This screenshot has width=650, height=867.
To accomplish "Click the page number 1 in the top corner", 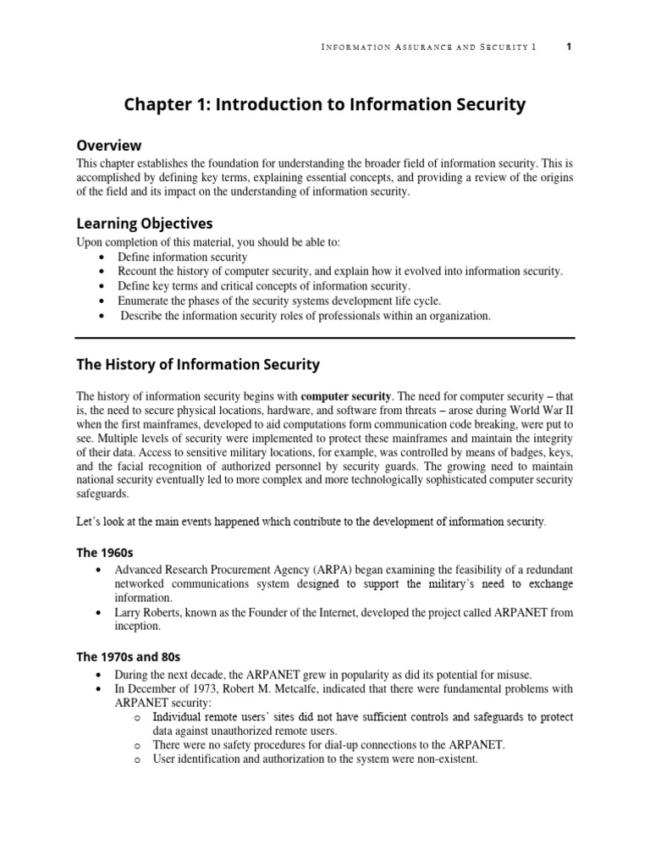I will [569, 47].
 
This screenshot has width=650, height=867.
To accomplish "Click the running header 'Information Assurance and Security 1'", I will [429, 47].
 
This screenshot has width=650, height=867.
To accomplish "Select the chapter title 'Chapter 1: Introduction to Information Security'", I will [325, 105].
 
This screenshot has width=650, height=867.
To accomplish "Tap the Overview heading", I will [109, 145].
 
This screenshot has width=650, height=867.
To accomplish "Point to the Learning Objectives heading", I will [145, 224].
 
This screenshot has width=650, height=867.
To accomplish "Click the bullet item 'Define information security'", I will [183, 257].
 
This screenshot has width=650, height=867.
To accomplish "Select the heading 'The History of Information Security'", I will [198, 365].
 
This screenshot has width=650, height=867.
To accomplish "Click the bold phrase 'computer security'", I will [345, 395].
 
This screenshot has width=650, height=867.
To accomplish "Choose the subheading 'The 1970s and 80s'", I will [128, 656].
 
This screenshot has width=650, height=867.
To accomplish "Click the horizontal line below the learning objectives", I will [325, 338].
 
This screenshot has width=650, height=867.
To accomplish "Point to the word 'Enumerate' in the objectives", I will [146, 301].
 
